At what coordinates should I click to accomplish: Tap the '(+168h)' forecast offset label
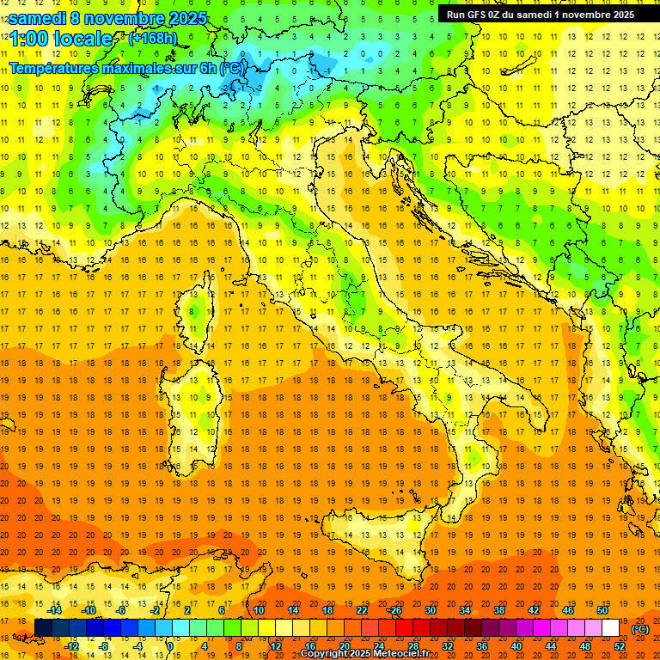(154, 39)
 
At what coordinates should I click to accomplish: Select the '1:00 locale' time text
(61, 39)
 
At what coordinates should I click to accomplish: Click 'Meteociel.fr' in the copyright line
(400, 654)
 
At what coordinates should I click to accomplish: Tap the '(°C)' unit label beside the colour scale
(640, 629)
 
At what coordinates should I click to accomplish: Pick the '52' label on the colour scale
(620, 645)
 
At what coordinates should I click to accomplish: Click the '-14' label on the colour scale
(54, 610)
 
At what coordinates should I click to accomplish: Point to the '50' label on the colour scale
(602, 610)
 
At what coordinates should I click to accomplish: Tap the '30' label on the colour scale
(430, 610)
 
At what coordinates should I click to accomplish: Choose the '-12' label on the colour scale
(71, 645)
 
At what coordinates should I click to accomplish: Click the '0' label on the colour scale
(170, 645)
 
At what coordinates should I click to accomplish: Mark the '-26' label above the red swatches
(394, 610)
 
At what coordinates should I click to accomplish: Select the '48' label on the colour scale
(585, 645)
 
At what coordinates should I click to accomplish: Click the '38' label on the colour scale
(499, 610)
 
